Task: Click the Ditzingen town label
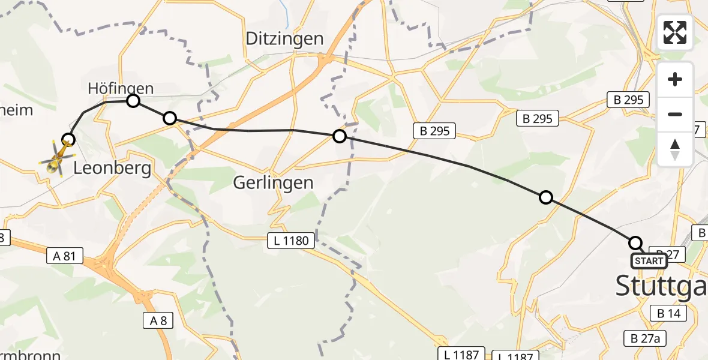point(285,39)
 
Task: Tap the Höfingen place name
point(121,89)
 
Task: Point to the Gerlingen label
point(274,182)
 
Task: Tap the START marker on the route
point(649,261)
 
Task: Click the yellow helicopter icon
point(56,158)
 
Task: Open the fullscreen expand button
point(675,32)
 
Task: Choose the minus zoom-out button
point(675,114)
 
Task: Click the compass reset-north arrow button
point(675,148)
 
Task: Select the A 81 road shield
point(64,256)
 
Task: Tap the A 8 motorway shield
point(158,320)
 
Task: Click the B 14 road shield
point(667,313)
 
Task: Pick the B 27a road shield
point(645,338)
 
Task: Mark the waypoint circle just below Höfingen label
point(133,101)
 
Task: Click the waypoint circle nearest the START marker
point(635,243)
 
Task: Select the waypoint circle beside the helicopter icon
point(69,140)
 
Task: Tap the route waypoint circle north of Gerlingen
point(340,136)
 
